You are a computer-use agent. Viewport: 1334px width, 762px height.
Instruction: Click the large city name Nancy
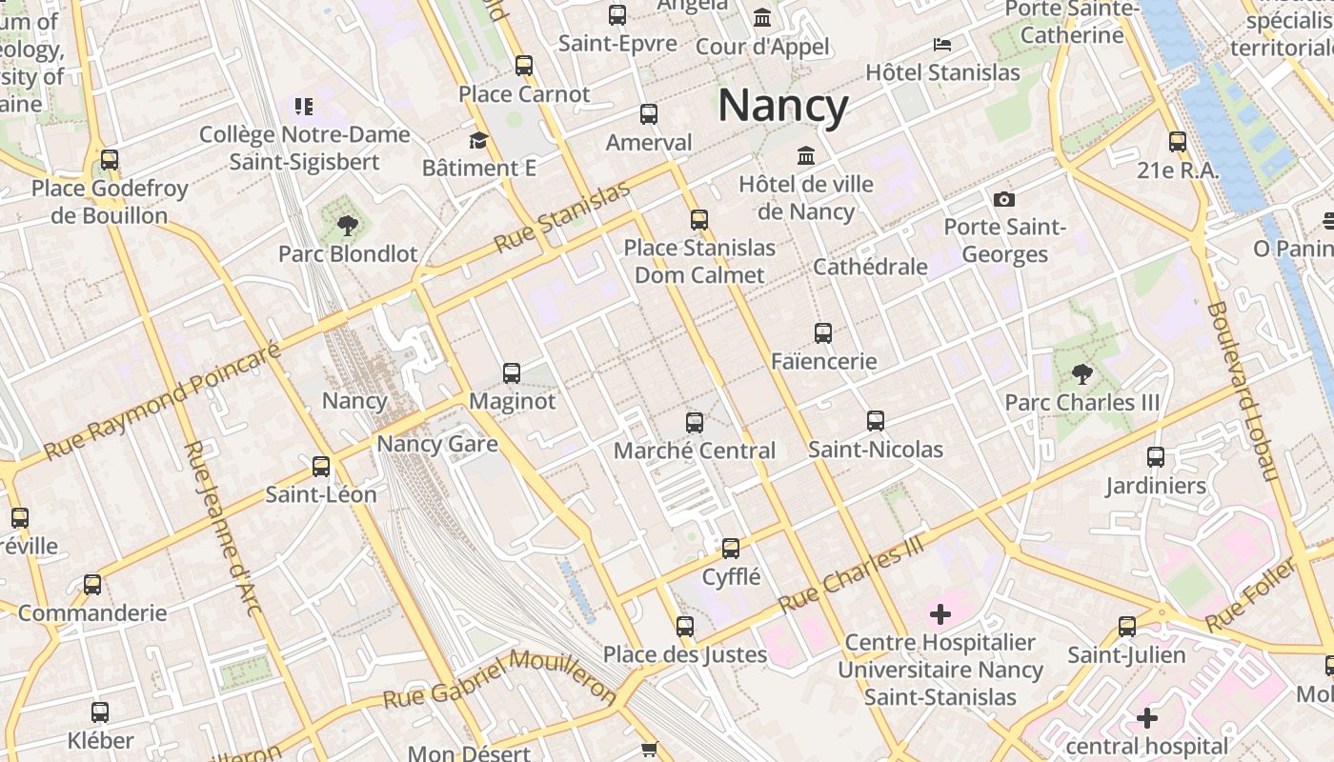tap(782, 106)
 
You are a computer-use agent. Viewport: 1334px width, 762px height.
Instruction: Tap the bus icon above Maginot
tap(512, 372)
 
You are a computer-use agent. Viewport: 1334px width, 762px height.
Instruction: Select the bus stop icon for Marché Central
tap(695, 422)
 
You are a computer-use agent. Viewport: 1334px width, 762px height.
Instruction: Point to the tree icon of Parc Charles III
tap(1081, 373)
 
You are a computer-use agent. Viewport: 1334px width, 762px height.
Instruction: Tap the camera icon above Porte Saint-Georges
tap(1003, 199)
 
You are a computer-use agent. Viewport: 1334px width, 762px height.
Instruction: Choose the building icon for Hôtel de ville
tap(806, 155)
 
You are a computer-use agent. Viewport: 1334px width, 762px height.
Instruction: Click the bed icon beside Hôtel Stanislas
tap(941, 45)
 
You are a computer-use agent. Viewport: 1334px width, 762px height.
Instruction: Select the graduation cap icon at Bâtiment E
tap(478, 141)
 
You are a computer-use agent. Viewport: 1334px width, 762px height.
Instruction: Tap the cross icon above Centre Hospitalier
tap(940, 614)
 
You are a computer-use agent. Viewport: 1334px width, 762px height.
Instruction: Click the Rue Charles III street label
tap(852, 572)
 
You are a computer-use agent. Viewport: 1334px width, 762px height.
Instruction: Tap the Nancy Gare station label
tap(437, 444)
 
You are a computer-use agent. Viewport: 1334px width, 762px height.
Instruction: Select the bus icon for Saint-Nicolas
tap(875, 420)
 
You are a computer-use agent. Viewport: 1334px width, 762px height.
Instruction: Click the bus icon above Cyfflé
tap(731, 548)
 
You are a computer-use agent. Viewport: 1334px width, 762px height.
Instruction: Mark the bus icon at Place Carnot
tap(524, 66)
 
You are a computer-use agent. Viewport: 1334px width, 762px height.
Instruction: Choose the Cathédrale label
tap(870, 267)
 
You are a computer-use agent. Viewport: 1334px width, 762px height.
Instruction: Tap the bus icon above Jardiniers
tap(1156, 457)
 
